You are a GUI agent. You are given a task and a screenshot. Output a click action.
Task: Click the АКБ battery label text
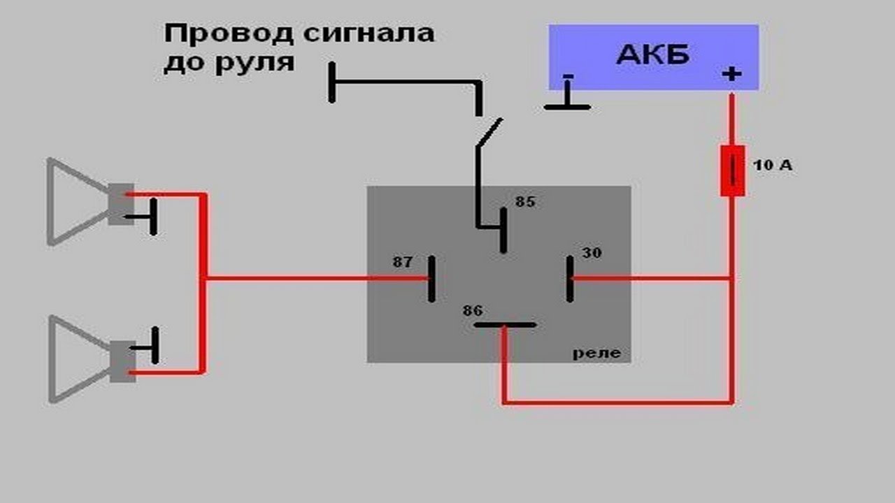click(x=653, y=54)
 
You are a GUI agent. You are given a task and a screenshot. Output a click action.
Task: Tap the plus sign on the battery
click(x=731, y=74)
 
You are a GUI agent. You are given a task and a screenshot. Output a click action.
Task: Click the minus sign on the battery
click(x=568, y=76)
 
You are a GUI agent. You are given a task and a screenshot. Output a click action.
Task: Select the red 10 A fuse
click(x=732, y=171)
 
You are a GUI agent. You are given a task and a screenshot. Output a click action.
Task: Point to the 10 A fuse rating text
click(x=773, y=165)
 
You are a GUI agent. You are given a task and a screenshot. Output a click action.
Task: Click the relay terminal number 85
click(x=525, y=202)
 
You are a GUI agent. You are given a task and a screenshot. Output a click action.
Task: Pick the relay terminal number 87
click(x=402, y=262)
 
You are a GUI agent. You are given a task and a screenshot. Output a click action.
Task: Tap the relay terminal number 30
click(x=592, y=253)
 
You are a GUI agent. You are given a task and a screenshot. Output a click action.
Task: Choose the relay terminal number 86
click(x=473, y=311)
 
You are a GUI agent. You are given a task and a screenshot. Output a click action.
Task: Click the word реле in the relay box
click(x=596, y=353)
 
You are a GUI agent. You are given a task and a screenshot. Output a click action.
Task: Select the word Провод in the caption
click(x=229, y=34)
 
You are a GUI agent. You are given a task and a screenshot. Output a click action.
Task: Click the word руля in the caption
click(x=255, y=64)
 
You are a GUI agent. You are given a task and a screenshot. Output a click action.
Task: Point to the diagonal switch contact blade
click(x=489, y=133)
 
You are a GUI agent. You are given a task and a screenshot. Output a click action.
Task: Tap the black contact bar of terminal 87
click(x=431, y=279)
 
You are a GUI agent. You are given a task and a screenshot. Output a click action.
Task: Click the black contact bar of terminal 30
click(x=570, y=279)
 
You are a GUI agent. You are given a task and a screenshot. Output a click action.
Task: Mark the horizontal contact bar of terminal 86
click(x=505, y=325)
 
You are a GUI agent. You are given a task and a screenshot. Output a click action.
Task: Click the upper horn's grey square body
click(x=121, y=204)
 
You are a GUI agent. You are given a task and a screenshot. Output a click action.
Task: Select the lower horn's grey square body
click(x=122, y=361)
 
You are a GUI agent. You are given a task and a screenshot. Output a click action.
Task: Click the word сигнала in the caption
click(x=368, y=34)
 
